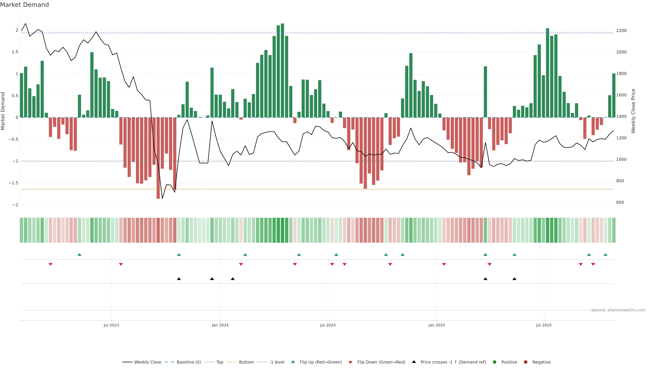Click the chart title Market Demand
tap(24, 5)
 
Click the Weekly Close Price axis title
tap(633, 111)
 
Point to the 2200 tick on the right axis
tap(621, 30)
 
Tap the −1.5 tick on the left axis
tap(13, 183)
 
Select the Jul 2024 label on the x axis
tap(328, 325)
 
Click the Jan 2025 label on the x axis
tap(437, 325)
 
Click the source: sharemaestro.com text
tap(618, 310)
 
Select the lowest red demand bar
tap(158, 158)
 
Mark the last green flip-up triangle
tap(605, 255)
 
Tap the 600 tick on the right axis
tap(620, 202)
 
